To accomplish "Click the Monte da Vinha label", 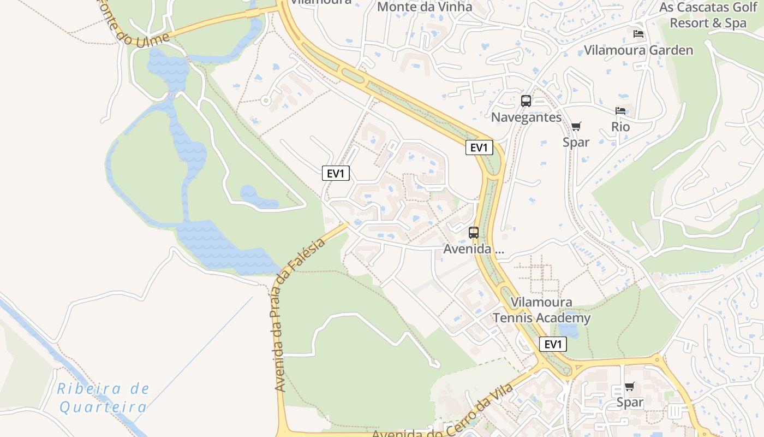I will click(424, 7).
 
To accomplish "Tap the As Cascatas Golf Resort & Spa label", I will click(708, 15).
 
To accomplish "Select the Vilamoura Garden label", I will click(638, 50).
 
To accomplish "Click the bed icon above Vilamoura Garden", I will click(638, 34).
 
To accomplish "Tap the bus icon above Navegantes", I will click(526, 101).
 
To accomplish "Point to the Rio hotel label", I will click(620, 127).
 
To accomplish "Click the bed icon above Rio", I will click(620, 111).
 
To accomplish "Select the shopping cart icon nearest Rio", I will click(576, 127).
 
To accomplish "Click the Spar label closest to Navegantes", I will click(576, 142).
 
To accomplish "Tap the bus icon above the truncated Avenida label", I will click(474, 233).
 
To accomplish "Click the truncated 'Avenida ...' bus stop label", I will click(474, 249).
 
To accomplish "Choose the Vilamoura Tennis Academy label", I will click(542, 310).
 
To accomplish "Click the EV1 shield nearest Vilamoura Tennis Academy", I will click(553, 344).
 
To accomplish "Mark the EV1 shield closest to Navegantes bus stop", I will click(479, 147).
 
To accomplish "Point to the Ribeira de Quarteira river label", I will click(103, 398).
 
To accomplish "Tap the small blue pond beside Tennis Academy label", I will click(569, 330).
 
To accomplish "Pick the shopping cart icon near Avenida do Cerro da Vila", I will click(630, 387).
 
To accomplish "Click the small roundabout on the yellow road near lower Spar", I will click(656, 359).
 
